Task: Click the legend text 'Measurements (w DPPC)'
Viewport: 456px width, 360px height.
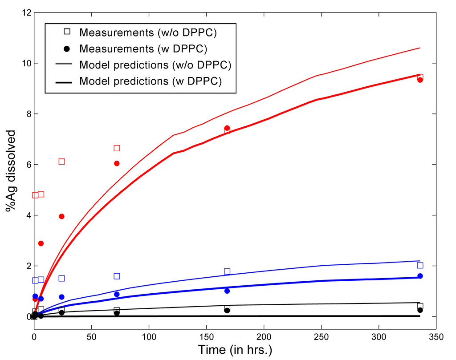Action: point(145,48)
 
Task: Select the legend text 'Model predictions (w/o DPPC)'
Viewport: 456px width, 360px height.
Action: point(155,65)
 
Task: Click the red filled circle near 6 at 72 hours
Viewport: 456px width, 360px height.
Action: point(117,163)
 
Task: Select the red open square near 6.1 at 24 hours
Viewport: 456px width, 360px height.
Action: point(61,162)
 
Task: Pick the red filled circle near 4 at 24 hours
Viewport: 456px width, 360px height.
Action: point(61,216)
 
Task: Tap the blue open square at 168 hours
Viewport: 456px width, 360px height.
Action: point(227,271)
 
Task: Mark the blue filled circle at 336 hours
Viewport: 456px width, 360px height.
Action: point(420,276)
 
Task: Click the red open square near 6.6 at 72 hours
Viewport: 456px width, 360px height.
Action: point(117,148)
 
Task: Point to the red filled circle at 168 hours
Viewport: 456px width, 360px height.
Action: point(227,128)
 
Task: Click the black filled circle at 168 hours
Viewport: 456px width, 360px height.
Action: point(227,310)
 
